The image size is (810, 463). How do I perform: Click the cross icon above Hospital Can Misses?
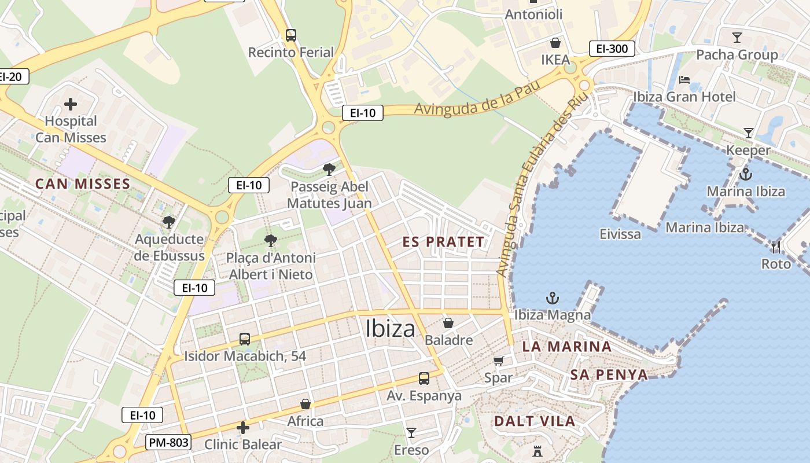(x=71, y=104)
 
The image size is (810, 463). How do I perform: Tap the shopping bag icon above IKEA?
(x=555, y=43)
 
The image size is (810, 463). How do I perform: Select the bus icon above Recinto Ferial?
(x=291, y=35)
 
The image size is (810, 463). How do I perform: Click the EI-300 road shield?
(x=612, y=49)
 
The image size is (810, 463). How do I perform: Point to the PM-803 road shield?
(x=168, y=443)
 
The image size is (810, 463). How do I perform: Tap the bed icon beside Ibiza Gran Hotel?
(x=684, y=80)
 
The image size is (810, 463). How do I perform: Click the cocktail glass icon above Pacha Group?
(x=737, y=38)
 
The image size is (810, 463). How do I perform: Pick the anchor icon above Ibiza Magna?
(x=553, y=299)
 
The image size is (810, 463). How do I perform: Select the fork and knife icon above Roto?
(x=776, y=247)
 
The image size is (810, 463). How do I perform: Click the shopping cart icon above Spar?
(x=498, y=361)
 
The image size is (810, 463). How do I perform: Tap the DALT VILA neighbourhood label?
(x=535, y=421)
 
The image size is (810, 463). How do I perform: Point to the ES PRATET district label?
(x=443, y=242)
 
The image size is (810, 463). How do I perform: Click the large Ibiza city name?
(x=391, y=329)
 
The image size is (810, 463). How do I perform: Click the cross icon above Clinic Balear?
(x=243, y=428)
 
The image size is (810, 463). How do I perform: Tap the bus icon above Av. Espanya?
(x=424, y=379)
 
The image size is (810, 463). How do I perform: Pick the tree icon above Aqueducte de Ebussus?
(x=168, y=222)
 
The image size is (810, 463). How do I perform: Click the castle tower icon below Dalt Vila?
(x=537, y=450)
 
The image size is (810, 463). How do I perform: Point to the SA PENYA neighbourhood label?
(x=609, y=374)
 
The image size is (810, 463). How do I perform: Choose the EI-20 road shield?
(x=10, y=76)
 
